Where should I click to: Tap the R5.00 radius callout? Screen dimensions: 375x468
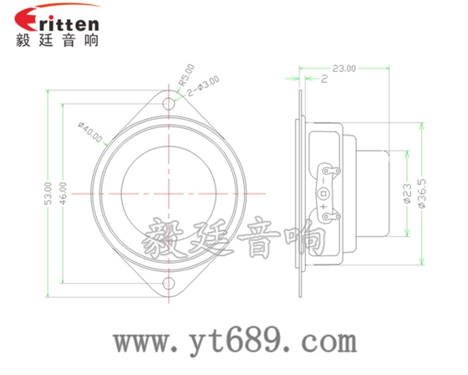185,76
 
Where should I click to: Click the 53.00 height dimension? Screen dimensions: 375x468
48,193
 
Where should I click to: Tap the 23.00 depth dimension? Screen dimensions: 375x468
343,68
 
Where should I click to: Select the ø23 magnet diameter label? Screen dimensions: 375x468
407,194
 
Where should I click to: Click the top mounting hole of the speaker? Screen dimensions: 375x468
170,105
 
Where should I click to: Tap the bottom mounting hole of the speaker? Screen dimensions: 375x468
170,283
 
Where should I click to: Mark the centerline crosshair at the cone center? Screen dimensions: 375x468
170,193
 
